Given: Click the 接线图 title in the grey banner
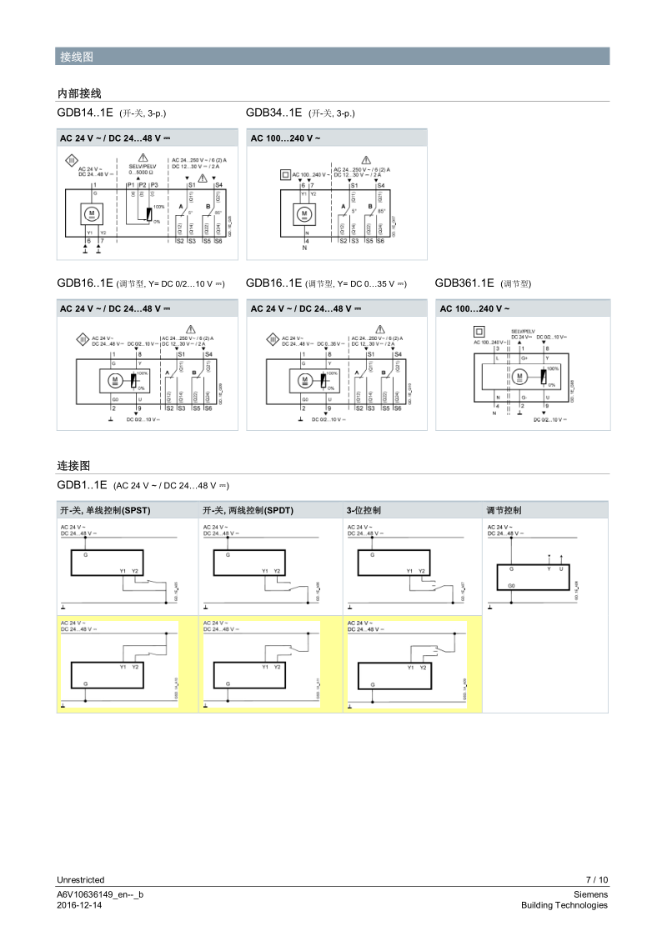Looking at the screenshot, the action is point(76,57).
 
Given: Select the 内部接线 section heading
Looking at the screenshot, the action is point(79,93).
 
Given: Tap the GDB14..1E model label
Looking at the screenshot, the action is point(85,113).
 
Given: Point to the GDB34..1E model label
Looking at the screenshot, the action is point(273,113).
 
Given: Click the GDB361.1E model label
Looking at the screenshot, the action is point(464,283).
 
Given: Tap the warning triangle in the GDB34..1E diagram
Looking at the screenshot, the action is point(365,160).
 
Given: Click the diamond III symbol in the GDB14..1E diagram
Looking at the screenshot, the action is point(72,161).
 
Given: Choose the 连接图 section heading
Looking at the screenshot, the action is point(73,464).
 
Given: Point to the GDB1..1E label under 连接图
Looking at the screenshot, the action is point(83,485).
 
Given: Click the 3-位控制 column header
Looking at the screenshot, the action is point(364,510).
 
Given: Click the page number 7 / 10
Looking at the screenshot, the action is point(597,879).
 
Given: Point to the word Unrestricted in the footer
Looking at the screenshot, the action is point(81,879).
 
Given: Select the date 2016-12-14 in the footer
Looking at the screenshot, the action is point(79,905).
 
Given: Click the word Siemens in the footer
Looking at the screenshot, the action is point(591,894).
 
